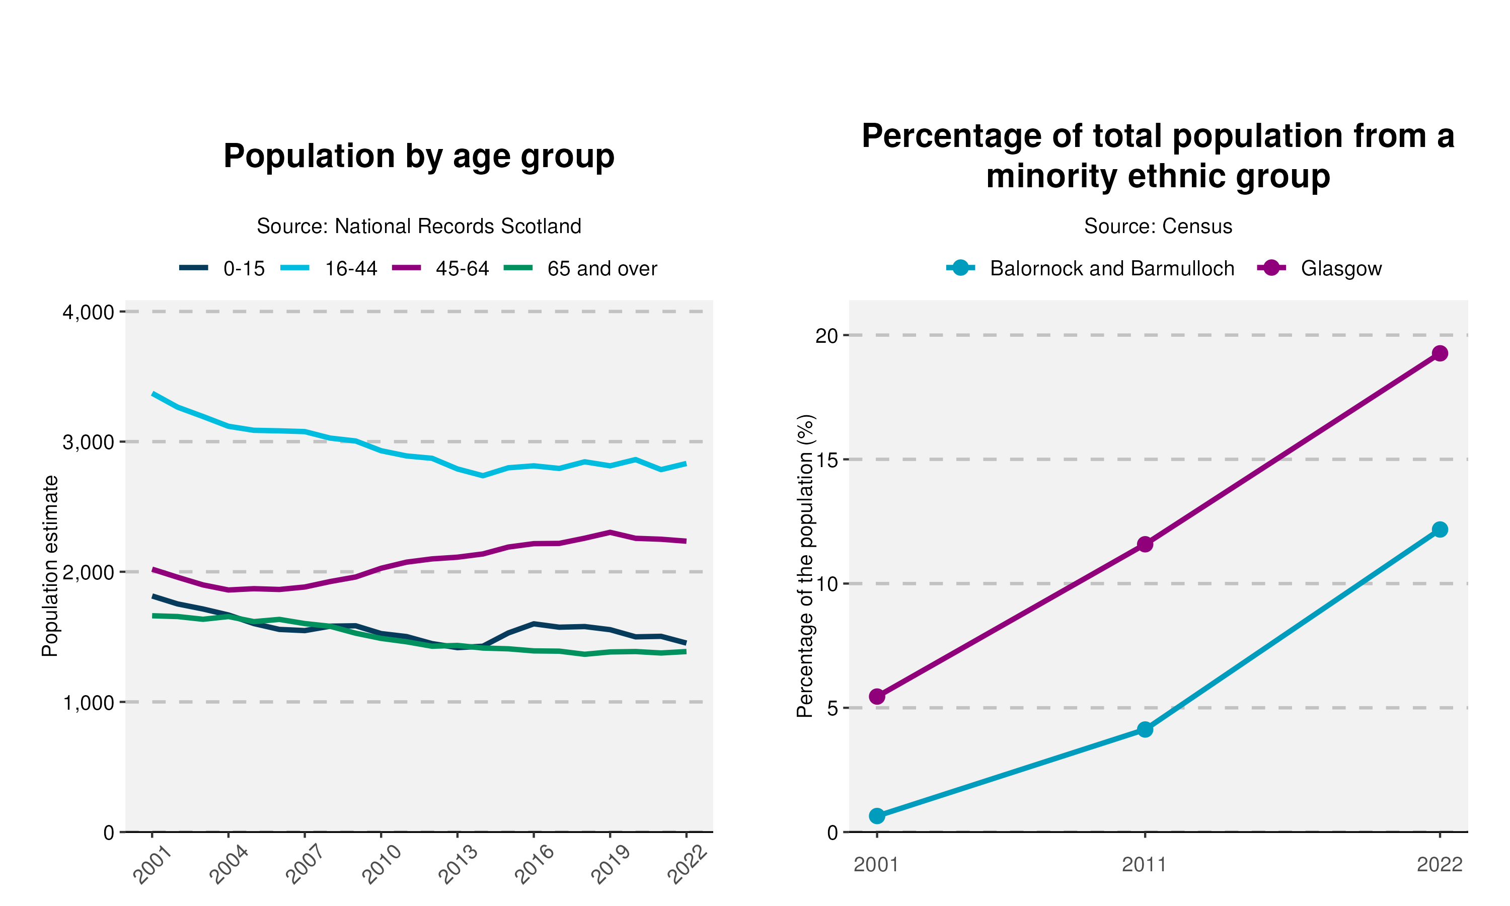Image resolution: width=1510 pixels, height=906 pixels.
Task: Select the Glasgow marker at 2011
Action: click(1145, 544)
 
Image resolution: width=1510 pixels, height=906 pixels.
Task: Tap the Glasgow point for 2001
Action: click(877, 697)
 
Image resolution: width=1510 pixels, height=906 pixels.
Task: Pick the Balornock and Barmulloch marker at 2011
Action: click(1145, 729)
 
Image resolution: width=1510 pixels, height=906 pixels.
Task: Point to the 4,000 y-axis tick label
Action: click(89, 313)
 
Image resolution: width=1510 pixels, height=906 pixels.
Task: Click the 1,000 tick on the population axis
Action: click(89, 703)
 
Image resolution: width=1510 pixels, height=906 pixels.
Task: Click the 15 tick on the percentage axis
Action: click(827, 460)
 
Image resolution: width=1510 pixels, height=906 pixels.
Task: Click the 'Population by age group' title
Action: click(419, 157)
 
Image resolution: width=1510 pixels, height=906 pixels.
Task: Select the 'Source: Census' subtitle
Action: click(1158, 226)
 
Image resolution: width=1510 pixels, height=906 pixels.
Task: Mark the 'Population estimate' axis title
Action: click(49, 566)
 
